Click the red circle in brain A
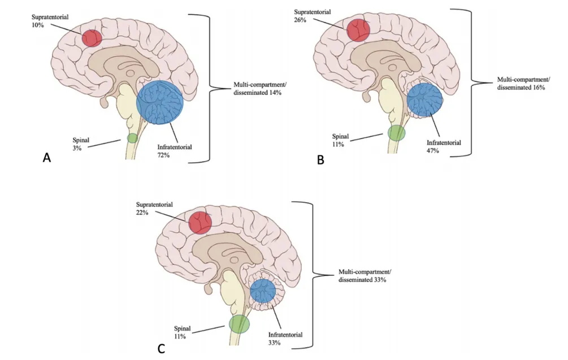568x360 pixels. (x=92, y=38)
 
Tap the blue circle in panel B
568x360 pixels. (x=425, y=98)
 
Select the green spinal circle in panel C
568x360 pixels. (x=239, y=324)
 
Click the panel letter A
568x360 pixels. (x=47, y=158)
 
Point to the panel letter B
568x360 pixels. (x=320, y=160)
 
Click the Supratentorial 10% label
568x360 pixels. (x=49, y=15)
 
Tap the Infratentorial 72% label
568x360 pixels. (x=175, y=150)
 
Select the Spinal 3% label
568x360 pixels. (x=81, y=144)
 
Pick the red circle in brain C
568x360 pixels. (x=200, y=222)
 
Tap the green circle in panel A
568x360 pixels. (x=132, y=138)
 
